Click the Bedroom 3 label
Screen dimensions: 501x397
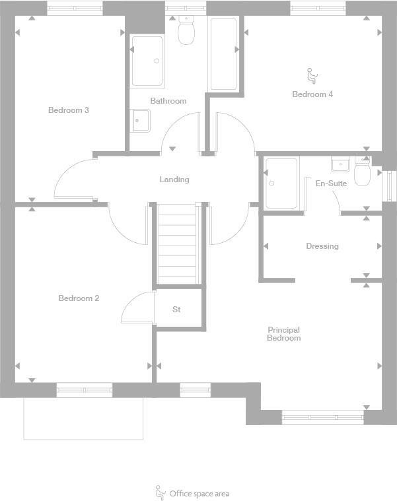click(68, 110)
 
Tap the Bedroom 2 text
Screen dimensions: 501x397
click(79, 298)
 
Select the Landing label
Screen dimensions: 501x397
click(174, 180)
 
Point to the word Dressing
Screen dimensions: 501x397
click(322, 246)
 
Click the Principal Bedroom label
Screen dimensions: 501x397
click(283, 334)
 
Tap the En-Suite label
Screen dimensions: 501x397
click(331, 184)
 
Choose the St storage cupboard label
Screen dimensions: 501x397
click(176, 310)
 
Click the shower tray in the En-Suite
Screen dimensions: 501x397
click(281, 183)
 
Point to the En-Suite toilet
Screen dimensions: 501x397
click(362, 174)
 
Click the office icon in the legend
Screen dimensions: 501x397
click(160, 492)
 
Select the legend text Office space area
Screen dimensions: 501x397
click(199, 494)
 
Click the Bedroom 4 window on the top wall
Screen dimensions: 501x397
click(318, 9)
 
